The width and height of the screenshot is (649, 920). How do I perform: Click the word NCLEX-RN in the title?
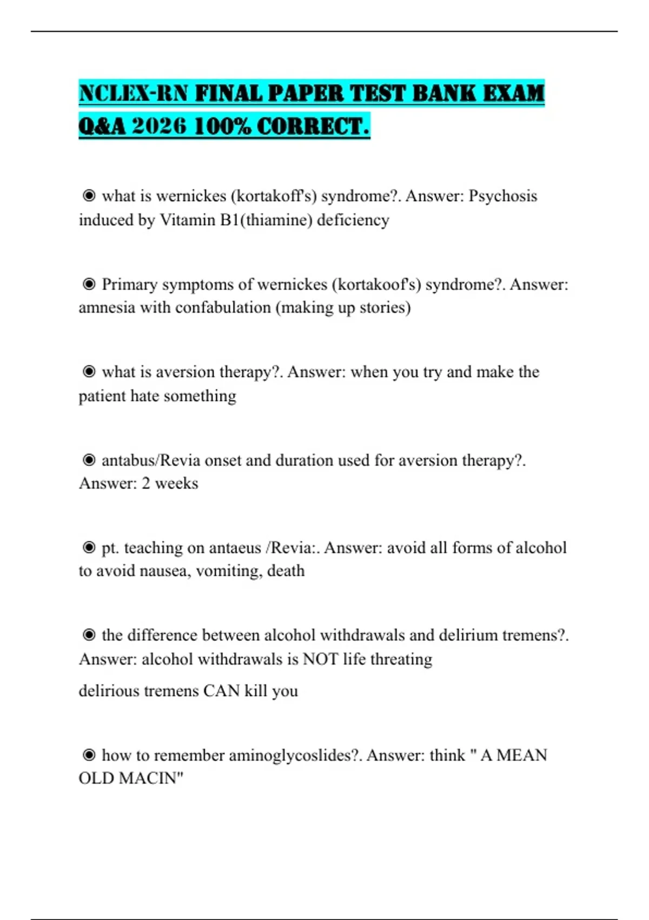[x=133, y=93]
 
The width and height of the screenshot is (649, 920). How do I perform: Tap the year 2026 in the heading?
[x=159, y=127]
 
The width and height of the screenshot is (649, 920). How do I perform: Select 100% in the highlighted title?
[x=222, y=127]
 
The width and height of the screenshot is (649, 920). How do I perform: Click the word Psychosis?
[x=502, y=196]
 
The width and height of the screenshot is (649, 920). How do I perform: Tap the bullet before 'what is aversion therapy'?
[x=89, y=372]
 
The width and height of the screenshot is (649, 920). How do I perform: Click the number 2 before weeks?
[x=146, y=483]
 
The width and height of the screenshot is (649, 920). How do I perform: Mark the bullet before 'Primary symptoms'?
[x=89, y=284]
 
